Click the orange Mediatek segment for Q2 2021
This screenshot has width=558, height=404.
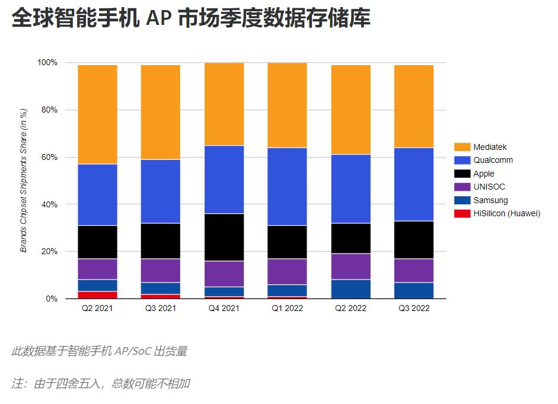click(97, 114)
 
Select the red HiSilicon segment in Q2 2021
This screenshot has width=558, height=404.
click(97, 295)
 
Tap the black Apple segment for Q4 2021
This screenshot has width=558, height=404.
click(224, 237)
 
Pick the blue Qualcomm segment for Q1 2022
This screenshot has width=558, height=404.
click(287, 187)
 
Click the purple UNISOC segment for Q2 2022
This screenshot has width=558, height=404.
click(350, 267)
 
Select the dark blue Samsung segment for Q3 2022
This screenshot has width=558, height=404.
click(414, 290)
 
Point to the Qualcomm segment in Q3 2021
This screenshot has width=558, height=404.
click(160, 191)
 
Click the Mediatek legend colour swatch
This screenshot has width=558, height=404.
click(462, 147)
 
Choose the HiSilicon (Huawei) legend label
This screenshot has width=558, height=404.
click(506, 214)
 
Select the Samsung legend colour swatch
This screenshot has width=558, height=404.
click(462, 200)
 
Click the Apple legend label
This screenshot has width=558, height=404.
click(484, 174)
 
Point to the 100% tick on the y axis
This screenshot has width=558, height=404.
click(47, 63)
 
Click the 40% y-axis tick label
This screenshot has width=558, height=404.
click(49, 204)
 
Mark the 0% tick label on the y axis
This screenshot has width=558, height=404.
click(52, 299)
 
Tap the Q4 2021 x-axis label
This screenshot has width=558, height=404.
click(224, 309)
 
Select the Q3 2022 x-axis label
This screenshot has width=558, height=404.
click(414, 309)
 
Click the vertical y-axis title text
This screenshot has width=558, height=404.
click(24, 181)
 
